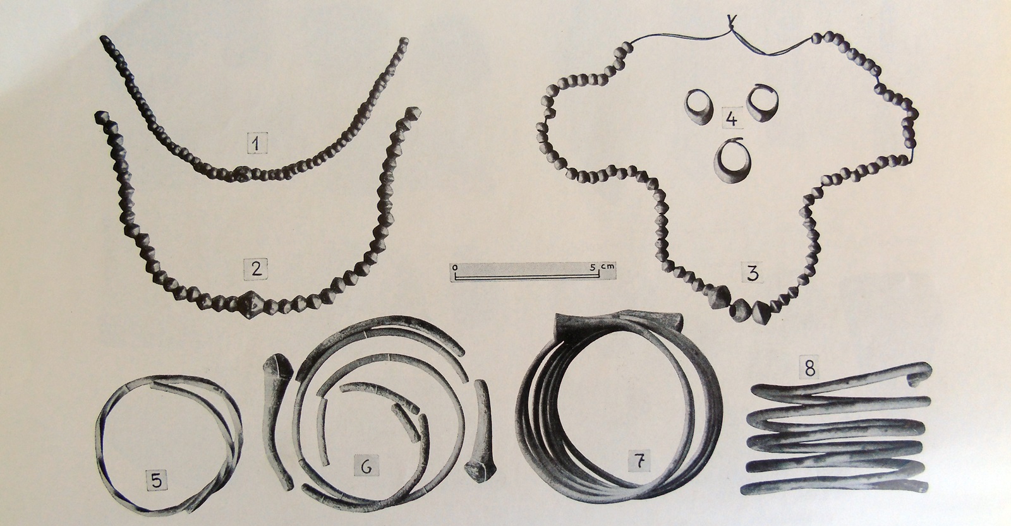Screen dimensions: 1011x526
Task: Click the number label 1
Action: click(x=257, y=143)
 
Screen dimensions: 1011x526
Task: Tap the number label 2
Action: click(x=256, y=269)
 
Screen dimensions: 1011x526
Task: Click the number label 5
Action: click(x=156, y=480)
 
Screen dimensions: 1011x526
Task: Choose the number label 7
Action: click(x=641, y=460)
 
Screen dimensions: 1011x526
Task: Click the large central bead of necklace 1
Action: click(x=243, y=174)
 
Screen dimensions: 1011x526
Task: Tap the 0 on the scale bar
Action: click(x=455, y=266)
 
